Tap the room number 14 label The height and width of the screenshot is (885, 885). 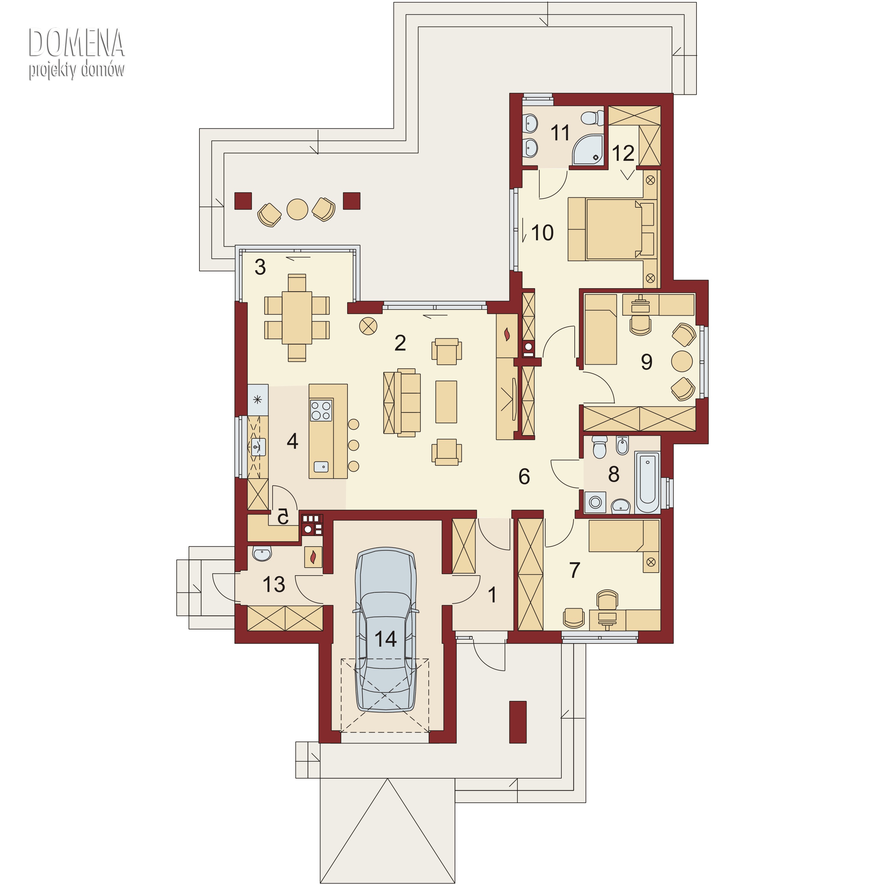coord(385,639)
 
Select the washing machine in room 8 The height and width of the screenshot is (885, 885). coord(595,502)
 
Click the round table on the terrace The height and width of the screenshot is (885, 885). coord(297,209)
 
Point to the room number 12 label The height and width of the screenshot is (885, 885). coord(623,153)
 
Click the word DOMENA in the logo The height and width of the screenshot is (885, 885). coord(76,42)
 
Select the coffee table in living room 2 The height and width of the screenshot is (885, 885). coord(446,402)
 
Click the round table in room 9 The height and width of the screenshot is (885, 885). coord(682,361)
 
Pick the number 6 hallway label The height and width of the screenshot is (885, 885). coord(524,476)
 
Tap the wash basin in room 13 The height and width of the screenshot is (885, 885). coord(262,553)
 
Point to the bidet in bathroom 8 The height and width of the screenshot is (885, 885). coord(622,445)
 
